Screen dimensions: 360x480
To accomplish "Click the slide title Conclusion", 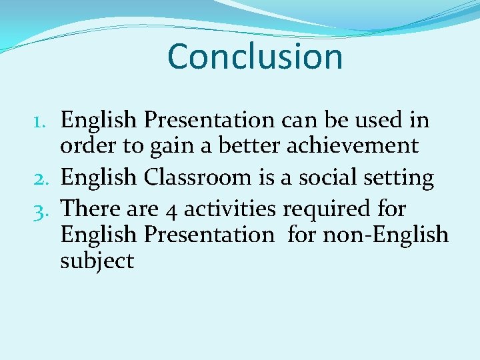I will point(255,56).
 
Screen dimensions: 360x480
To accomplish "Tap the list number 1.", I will point(41,121).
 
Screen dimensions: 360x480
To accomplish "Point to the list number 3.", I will point(41,209).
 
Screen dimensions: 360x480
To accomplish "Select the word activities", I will point(229,209).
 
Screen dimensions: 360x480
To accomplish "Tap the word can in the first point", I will point(299,121).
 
